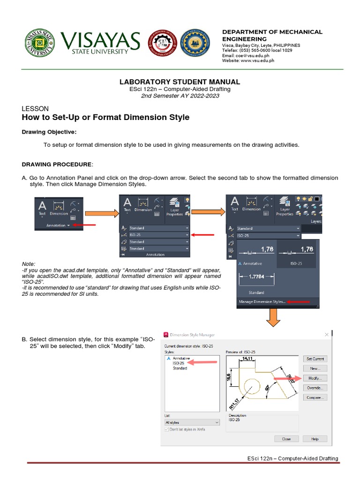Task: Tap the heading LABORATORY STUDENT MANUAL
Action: (180, 82)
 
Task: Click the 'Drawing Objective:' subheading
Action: (49, 132)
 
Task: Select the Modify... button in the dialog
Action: (315, 378)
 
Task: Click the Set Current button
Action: (315, 359)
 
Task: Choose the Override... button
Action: (315, 388)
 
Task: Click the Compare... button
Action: (315, 397)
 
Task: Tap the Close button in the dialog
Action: (286, 439)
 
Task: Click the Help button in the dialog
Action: (315, 439)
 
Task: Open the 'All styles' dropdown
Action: (192, 422)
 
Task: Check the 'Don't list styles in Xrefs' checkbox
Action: (167, 429)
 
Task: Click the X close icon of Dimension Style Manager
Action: (326, 335)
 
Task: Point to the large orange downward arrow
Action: (274, 317)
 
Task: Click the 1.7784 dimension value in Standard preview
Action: (256, 276)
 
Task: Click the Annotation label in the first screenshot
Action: (56, 225)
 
